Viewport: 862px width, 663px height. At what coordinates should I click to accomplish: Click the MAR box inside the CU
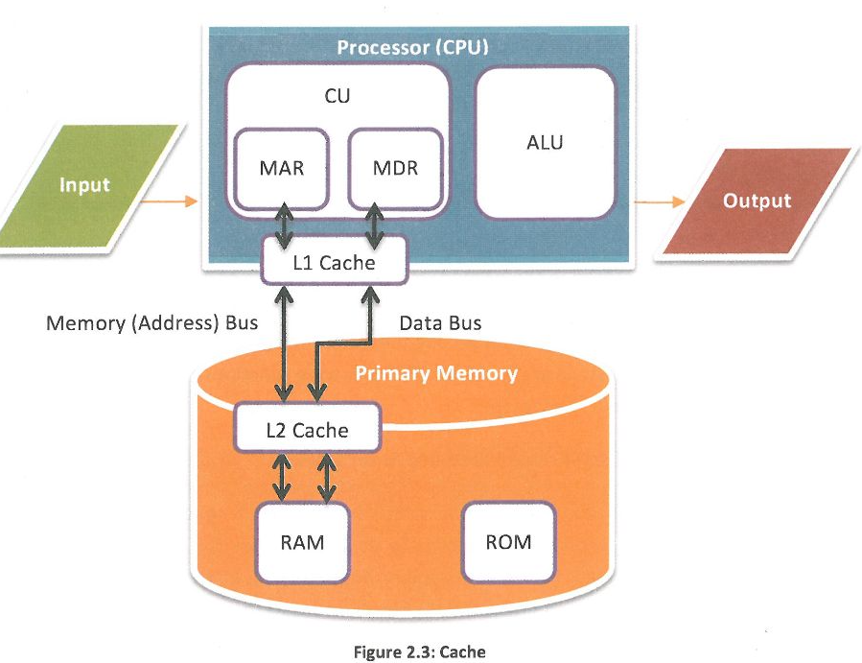pos(281,169)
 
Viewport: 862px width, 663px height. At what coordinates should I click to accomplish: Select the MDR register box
pos(395,169)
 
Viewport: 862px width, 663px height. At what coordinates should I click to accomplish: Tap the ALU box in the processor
pos(545,143)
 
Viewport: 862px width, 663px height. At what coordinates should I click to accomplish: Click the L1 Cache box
pos(333,262)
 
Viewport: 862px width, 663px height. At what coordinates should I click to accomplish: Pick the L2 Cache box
pos(307,430)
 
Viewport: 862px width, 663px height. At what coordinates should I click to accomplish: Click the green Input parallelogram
pos(85,184)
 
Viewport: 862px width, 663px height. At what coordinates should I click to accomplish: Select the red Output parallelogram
pos(757,201)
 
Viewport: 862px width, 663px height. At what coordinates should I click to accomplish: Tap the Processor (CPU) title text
pos(413,46)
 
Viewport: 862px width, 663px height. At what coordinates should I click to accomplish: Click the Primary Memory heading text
pos(436,373)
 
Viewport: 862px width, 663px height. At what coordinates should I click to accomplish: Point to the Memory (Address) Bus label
pos(151,323)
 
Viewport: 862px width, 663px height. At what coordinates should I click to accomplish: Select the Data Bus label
pos(440,323)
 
